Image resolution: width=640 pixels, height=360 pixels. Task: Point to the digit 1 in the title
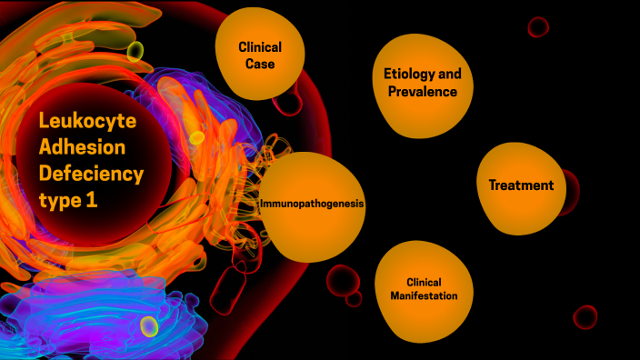92,200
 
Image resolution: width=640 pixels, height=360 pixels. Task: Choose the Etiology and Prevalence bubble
415,83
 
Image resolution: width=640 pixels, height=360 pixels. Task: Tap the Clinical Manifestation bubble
423,288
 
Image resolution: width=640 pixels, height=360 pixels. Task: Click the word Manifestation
423,296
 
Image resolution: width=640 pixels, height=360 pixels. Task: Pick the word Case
259,64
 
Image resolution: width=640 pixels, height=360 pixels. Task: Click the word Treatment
521,185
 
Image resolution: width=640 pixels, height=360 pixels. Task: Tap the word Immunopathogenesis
312,205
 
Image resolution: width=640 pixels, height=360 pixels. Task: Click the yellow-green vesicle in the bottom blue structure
149,325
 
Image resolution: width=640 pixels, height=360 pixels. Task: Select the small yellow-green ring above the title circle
135,50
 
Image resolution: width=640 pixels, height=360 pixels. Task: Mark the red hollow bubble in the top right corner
538,26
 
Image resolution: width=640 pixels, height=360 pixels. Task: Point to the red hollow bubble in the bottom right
585,316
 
